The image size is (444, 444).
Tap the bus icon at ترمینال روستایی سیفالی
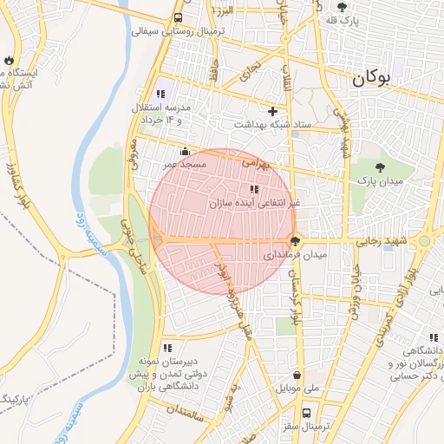[x=179, y=17]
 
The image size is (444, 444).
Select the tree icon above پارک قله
[x=343, y=6]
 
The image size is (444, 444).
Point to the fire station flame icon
[x=9, y=61]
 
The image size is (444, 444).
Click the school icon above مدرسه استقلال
[x=160, y=93]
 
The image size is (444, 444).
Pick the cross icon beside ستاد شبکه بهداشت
[x=273, y=111]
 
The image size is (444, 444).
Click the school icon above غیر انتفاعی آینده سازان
[x=253, y=189]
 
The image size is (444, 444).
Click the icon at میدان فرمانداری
[x=295, y=240]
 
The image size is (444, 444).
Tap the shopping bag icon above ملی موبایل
[x=298, y=375]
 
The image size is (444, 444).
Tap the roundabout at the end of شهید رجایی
[x=424, y=241]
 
